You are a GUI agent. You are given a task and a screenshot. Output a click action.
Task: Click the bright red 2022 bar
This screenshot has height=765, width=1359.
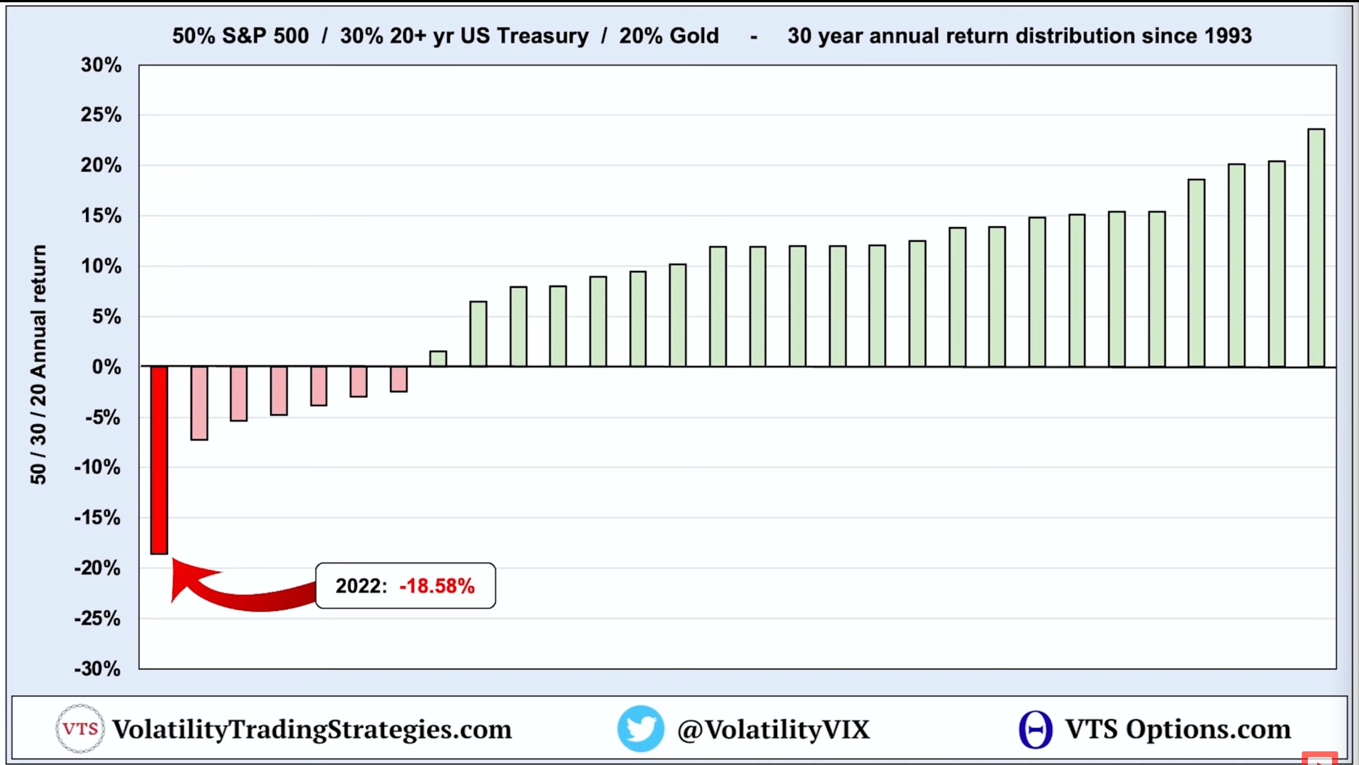pos(159,459)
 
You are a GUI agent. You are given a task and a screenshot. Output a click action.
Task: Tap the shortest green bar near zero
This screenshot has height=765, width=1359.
pos(438,359)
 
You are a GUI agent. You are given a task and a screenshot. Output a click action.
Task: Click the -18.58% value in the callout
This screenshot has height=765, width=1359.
pos(437,586)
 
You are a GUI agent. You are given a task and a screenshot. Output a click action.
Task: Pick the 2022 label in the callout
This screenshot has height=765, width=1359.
pos(361,586)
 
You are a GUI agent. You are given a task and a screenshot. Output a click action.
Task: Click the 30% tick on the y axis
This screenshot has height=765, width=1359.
pos(101,65)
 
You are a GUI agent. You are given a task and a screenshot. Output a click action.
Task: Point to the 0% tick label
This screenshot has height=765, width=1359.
pos(106,366)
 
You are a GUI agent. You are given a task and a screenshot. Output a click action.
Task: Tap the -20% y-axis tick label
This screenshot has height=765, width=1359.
pos(98,568)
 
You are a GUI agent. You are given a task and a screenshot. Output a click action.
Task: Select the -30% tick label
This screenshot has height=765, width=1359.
pos(98,669)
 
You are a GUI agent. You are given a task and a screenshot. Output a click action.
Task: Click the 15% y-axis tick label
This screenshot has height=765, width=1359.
pos(101,216)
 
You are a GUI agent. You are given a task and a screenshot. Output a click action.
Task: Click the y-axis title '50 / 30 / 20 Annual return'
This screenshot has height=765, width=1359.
pos(39,364)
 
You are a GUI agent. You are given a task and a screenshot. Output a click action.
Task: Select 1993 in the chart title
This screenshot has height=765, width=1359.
pos(1228,36)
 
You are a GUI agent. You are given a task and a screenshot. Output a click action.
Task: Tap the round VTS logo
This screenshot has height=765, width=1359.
pos(79,729)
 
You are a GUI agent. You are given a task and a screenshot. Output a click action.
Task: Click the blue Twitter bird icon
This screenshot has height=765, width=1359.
pos(640,729)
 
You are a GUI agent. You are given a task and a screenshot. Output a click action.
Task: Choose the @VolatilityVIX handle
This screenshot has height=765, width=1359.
pos(774,730)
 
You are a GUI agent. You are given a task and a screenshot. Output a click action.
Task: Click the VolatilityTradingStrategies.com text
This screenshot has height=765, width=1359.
pos(312,730)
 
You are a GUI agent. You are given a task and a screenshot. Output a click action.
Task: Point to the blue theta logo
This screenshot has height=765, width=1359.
pos(1035,729)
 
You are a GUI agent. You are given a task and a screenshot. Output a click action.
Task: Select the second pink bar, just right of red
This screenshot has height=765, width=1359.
pos(199,403)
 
